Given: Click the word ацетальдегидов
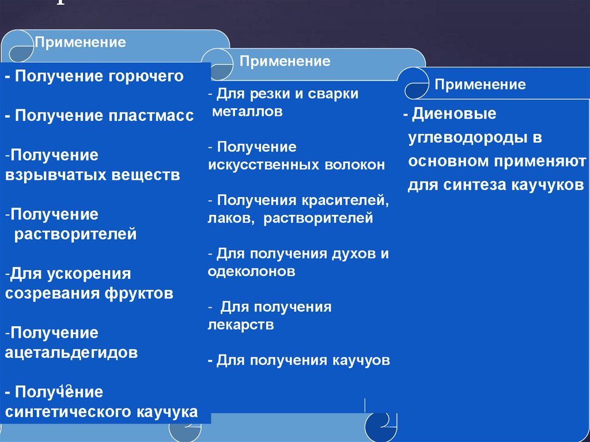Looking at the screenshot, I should coord(71,352).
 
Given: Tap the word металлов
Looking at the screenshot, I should coord(247,111).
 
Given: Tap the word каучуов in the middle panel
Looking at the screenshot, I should coord(361,361).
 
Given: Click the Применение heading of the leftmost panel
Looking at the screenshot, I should coord(81,43).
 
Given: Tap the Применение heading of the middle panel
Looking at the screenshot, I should coord(285,62).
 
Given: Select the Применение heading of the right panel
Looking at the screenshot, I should coord(481,85).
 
